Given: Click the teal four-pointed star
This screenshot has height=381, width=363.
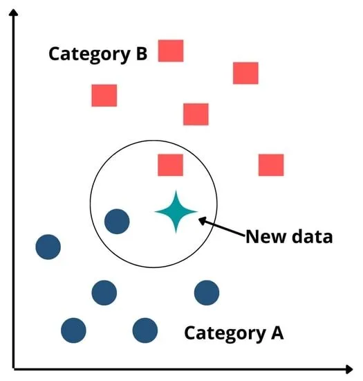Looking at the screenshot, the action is tap(176, 212).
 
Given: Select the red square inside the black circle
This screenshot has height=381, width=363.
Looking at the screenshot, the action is tap(171, 165).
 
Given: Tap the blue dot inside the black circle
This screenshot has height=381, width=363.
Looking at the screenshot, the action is tap(117, 222).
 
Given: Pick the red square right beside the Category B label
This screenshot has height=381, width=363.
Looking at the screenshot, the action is tap(171, 51).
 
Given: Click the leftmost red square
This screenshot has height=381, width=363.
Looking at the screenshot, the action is tap(104, 96).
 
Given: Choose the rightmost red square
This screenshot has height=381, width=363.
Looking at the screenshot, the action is tap(271, 165).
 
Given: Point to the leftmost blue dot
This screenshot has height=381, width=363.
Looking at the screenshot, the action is tap(48, 247).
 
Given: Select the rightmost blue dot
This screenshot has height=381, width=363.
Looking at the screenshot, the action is tap(207, 293).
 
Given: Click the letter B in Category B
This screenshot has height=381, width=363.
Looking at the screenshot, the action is tap(142, 53).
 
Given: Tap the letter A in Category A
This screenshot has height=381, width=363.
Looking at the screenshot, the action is tap(277, 333).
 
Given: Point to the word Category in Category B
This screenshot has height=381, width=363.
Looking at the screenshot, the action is tap(89, 55).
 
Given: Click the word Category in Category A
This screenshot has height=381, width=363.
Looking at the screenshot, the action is tap(225, 335).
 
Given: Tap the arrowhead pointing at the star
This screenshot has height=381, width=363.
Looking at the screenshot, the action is tap(202, 220).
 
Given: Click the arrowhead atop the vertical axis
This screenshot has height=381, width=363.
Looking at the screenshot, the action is tap(13, 12).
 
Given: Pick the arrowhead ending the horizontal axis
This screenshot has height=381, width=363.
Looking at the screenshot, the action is tap(349, 369).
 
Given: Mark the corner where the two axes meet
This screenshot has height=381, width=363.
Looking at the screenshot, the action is tap(14, 369).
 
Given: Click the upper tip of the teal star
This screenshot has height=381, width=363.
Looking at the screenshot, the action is tap(176, 190).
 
